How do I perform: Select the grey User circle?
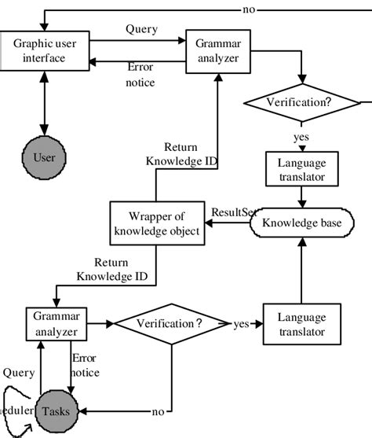click(44, 157)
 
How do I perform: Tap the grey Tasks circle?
click(55, 410)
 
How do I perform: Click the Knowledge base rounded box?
click(301, 224)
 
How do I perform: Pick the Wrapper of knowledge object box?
click(157, 224)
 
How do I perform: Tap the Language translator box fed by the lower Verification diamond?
click(301, 323)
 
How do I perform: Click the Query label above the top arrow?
click(140, 29)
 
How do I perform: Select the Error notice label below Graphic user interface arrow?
click(140, 75)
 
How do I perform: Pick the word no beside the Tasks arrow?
click(158, 410)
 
